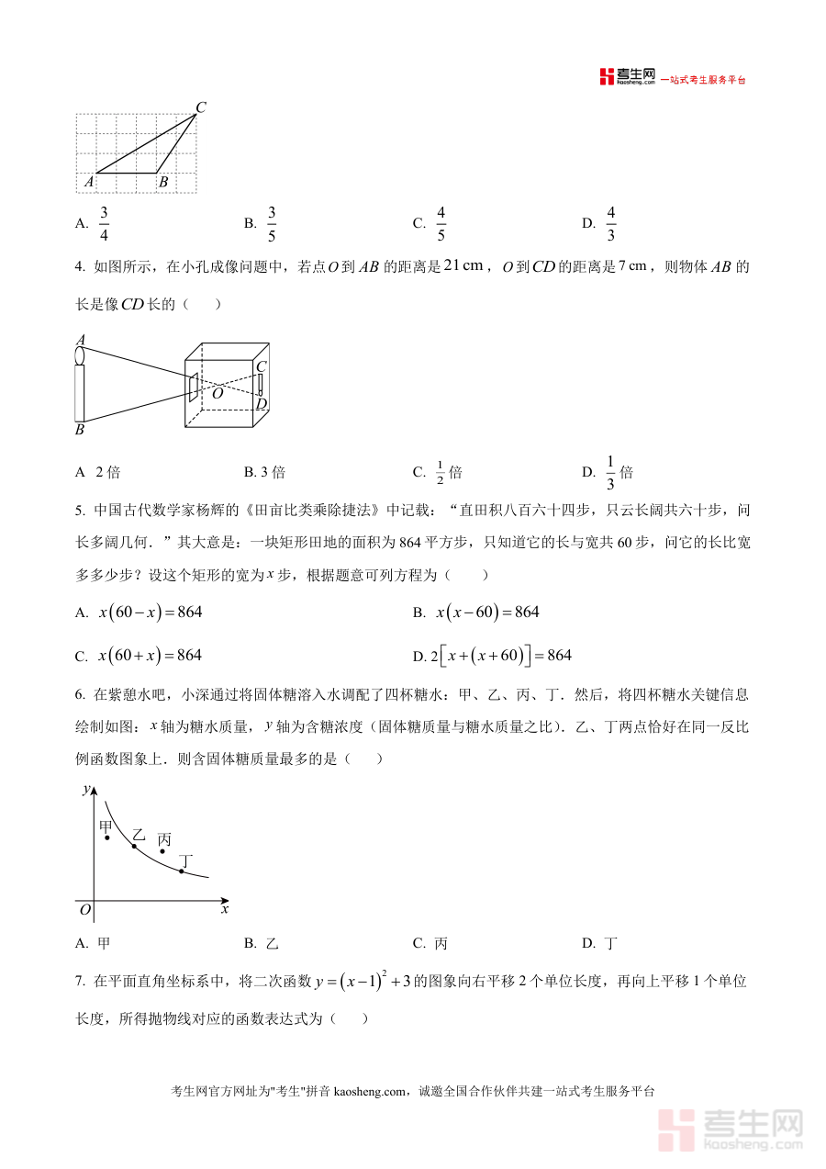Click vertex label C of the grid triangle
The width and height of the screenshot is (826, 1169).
200,107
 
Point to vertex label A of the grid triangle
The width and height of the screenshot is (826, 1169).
89,182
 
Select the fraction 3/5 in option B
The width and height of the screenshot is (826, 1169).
272,223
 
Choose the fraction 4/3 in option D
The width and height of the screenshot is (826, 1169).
610,223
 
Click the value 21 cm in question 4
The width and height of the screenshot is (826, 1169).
463,266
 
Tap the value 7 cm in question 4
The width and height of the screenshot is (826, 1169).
634,266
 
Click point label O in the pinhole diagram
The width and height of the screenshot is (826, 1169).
218,393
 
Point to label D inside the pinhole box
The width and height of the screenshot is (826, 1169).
262,404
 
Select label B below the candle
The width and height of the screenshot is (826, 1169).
80,429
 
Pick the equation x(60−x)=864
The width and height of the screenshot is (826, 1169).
151,613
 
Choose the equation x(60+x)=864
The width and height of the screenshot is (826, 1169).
151,656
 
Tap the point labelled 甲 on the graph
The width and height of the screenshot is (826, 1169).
107,837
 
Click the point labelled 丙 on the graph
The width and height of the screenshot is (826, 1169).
163,851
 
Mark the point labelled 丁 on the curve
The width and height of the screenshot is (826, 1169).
181,871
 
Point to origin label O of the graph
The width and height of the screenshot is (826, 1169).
84,910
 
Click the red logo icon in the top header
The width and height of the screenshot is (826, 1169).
606,77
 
